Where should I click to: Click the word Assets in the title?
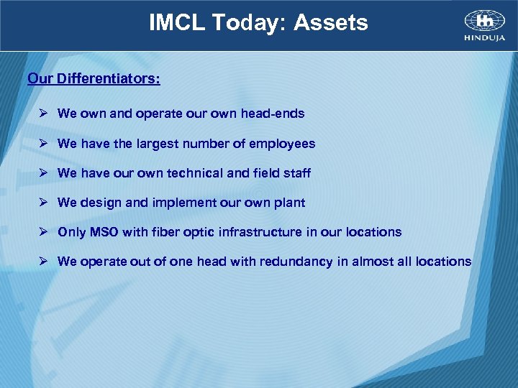point(331,23)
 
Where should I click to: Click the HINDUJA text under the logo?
point(485,37)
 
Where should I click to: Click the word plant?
point(291,203)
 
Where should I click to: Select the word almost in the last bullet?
point(372,262)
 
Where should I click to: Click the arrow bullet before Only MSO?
point(44,232)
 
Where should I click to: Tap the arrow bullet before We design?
point(44,203)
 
